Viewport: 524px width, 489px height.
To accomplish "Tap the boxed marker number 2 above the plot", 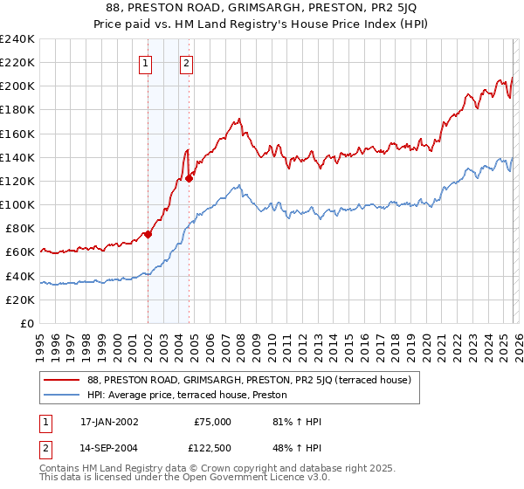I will coord(187,62).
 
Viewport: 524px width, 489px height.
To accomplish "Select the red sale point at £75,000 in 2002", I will coord(148,234).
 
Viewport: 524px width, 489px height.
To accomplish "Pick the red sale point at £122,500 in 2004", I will coord(190,178).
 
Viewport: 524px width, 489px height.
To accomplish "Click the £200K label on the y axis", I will coord(17,86).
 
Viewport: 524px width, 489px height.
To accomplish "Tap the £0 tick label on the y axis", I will coord(26,323).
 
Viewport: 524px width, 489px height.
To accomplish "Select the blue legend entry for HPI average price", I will coord(193,396).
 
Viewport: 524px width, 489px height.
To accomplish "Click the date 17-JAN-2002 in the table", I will coord(108,422).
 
